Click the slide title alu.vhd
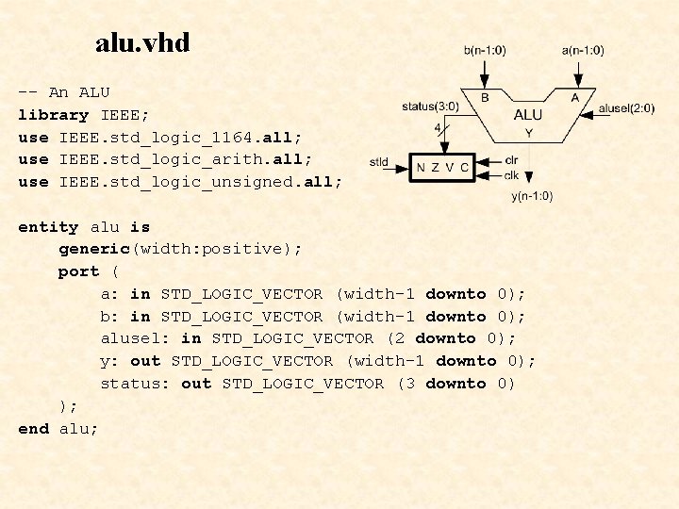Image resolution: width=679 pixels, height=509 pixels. tap(142, 42)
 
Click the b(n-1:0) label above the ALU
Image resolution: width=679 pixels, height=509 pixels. tap(485, 50)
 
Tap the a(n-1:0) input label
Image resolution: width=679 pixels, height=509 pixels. tap(582, 50)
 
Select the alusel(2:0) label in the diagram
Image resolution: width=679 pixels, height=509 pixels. tap(626, 108)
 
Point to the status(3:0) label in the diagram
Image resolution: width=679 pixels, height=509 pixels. tap(432, 106)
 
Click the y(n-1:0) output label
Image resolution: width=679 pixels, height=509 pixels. tap(532, 196)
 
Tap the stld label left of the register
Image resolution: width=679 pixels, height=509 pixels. tap(379, 162)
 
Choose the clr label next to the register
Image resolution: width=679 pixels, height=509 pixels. tap(510, 160)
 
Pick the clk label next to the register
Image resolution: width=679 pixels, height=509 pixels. tap(510, 174)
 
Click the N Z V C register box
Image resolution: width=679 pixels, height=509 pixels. tap(442, 168)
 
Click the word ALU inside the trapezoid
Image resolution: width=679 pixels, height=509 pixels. tap(527, 115)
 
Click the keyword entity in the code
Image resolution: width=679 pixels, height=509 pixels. tap(49, 227)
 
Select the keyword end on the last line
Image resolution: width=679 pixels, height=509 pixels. tap(33, 429)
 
